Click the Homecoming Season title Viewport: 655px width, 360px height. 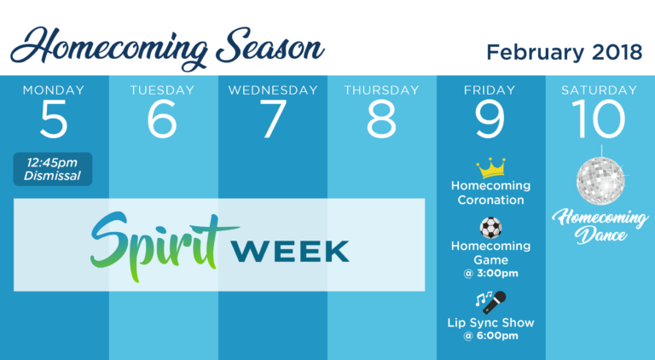pyautogui.click(x=167, y=48)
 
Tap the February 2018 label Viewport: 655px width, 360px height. pyautogui.click(x=565, y=53)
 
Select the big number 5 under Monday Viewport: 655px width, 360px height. pyautogui.click(x=54, y=119)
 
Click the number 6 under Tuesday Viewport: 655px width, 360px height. pyautogui.click(x=162, y=119)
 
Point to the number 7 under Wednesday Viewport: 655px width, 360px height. pyautogui.click(x=273, y=119)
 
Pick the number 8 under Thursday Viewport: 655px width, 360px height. pyautogui.click(x=381, y=119)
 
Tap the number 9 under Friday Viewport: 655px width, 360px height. pyautogui.click(x=490, y=119)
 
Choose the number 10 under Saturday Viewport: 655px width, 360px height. pyautogui.click(x=599, y=119)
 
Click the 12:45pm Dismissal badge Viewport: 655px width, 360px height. pyautogui.click(x=53, y=169)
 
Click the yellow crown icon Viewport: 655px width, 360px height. pyautogui.click(x=491, y=168)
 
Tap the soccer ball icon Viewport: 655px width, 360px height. pyautogui.click(x=491, y=228)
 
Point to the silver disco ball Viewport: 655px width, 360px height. pyautogui.click(x=600, y=180)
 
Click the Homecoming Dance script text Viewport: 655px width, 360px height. pyautogui.click(x=600, y=226)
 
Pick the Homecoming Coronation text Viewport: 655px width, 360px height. pyautogui.click(x=491, y=193)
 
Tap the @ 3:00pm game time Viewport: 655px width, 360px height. pyautogui.click(x=491, y=273)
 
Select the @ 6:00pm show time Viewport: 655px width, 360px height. pyautogui.click(x=491, y=335)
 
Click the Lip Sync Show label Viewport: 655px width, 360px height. pyautogui.click(x=491, y=322)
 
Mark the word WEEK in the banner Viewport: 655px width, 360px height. pyautogui.click(x=290, y=251)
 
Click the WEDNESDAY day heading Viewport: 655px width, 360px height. pyautogui.click(x=273, y=90)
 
